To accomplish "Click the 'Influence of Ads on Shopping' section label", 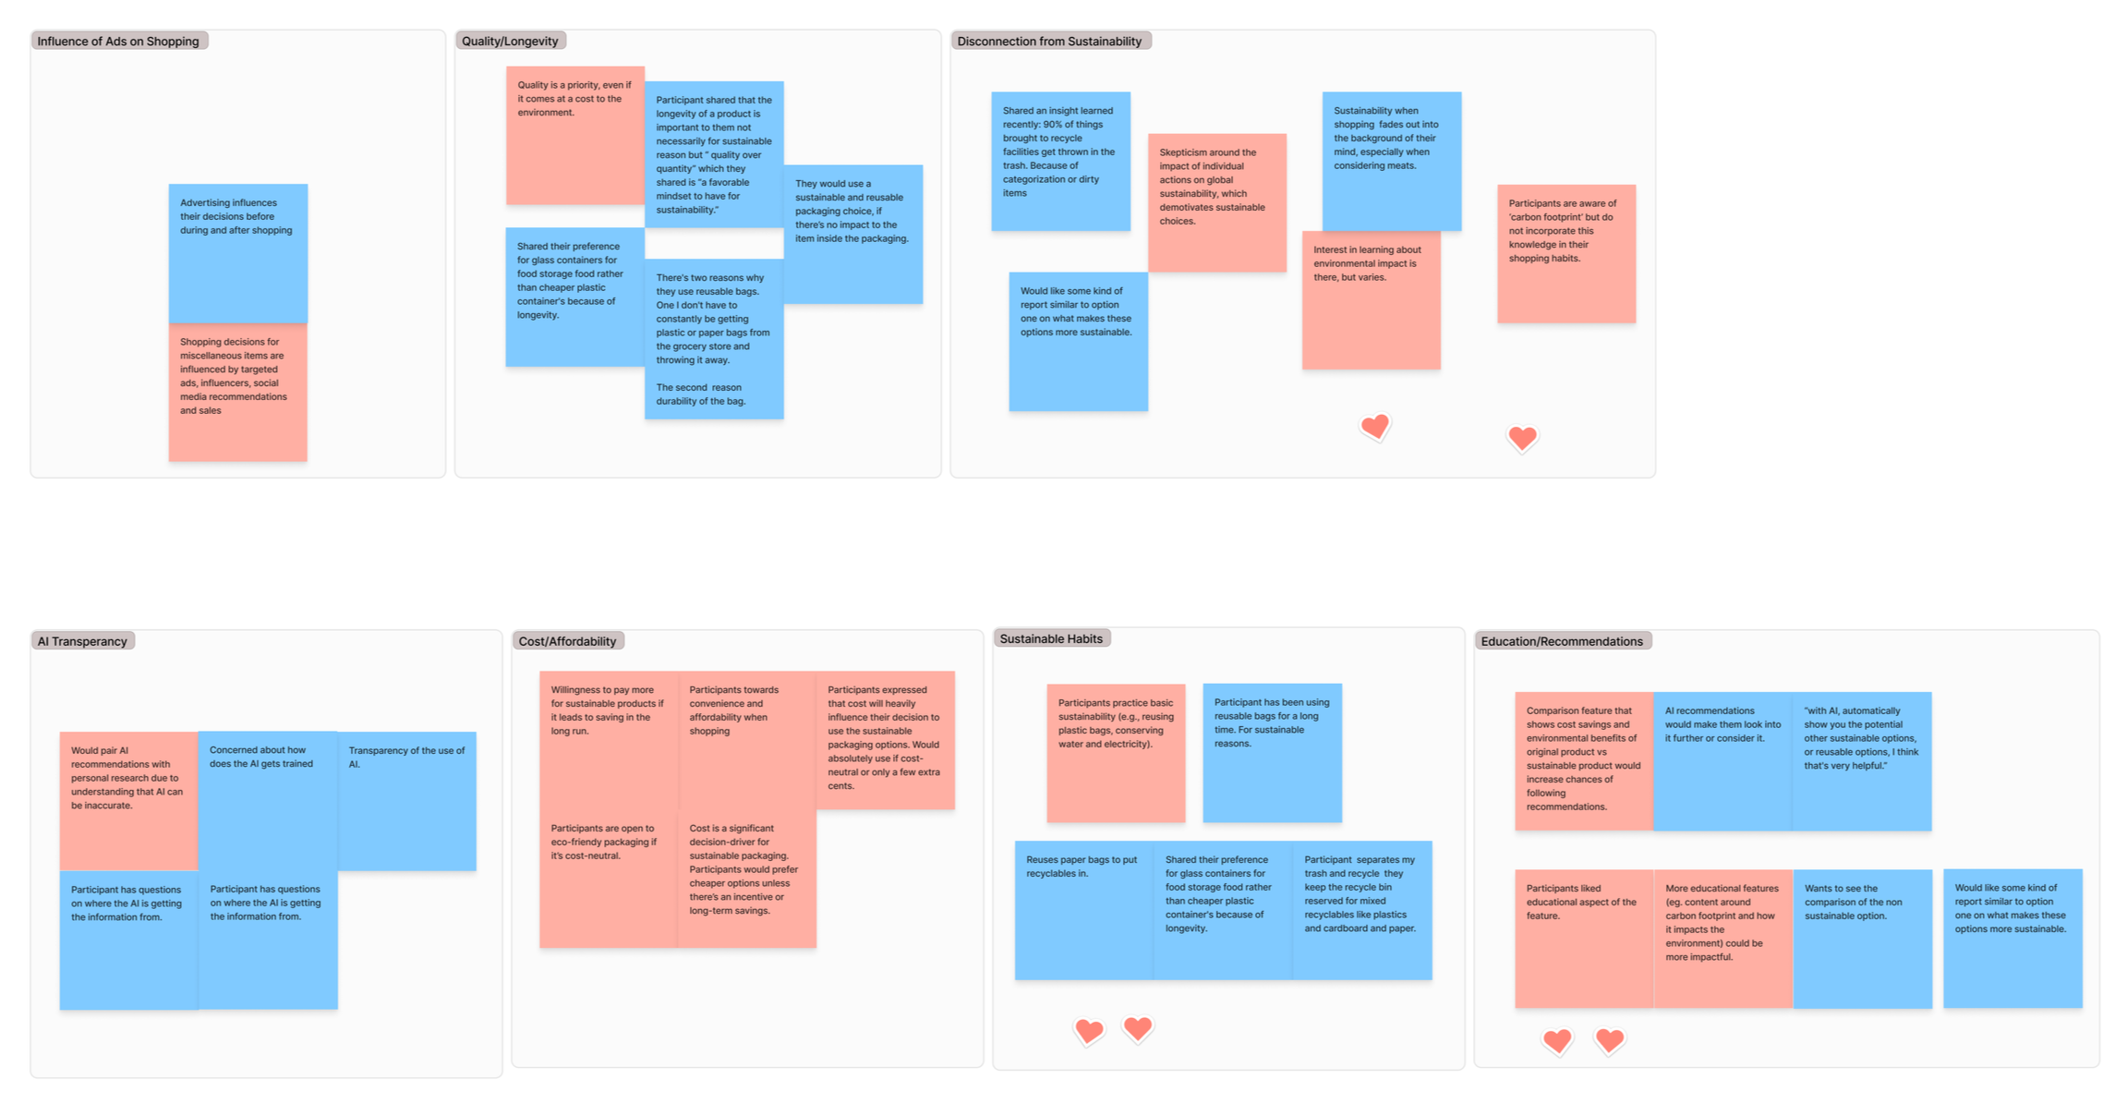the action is (x=118, y=41).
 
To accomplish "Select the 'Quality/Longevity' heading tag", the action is (x=510, y=41).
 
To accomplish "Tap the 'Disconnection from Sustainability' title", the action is (x=1049, y=41).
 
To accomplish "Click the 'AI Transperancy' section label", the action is (x=82, y=641).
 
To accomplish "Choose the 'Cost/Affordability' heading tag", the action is (x=567, y=641).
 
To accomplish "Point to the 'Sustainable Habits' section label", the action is (x=1051, y=638).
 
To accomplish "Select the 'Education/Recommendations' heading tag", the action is (x=1562, y=641).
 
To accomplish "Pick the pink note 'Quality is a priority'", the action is (x=574, y=135).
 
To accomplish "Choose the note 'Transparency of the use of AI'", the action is (x=406, y=800).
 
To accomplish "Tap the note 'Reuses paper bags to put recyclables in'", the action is (x=1083, y=910).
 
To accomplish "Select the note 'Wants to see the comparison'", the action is (x=1862, y=938).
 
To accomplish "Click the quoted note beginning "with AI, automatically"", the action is (x=1861, y=760).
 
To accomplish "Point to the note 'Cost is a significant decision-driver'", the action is (x=746, y=878).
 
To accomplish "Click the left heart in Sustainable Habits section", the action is (x=1089, y=1030).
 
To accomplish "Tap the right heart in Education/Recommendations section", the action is (x=1610, y=1040).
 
